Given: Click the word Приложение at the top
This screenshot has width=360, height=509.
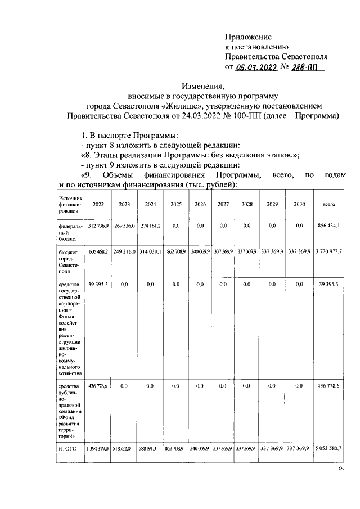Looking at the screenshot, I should tap(249, 36).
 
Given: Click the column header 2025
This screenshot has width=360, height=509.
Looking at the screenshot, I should tap(176, 205).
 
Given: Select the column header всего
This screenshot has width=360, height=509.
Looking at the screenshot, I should tap(329, 205).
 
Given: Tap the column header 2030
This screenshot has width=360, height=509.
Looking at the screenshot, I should tap(299, 205).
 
